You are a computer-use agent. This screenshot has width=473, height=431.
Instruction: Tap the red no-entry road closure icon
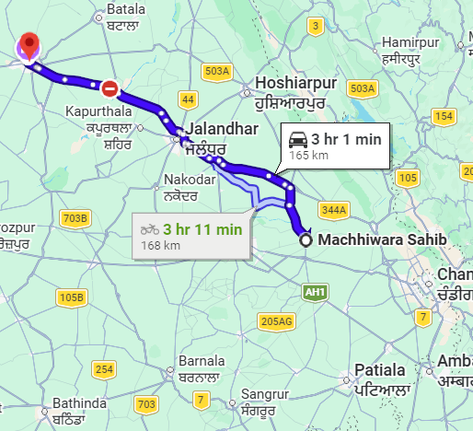click(x=110, y=88)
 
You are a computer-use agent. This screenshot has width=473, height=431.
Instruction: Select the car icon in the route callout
click(x=297, y=141)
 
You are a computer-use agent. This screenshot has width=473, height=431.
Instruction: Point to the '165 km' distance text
click(x=308, y=157)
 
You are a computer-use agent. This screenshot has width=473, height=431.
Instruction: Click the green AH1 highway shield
click(x=313, y=291)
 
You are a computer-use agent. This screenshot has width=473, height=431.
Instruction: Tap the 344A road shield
click(x=335, y=211)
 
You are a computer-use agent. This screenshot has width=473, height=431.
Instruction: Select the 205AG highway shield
click(x=275, y=321)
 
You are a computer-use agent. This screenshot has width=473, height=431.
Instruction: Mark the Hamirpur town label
click(x=410, y=43)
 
